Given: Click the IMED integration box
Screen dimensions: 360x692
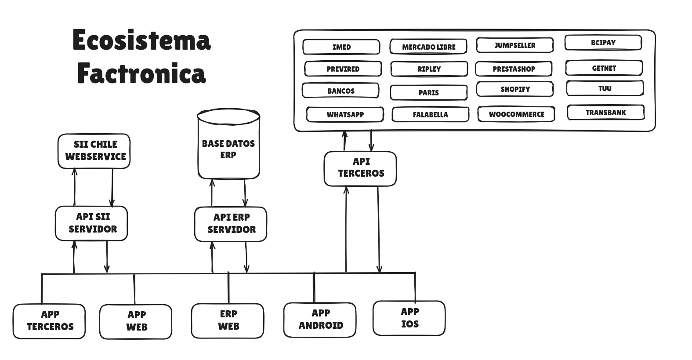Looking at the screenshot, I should [x=341, y=47].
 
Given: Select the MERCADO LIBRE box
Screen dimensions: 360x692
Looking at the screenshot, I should [x=428, y=47].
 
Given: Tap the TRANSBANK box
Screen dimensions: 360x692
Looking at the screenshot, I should [x=605, y=113].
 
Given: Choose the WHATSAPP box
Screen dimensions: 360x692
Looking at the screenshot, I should [x=345, y=115].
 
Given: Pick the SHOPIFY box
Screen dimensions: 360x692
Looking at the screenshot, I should [x=515, y=89].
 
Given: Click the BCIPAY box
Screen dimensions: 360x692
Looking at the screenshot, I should [x=603, y=43].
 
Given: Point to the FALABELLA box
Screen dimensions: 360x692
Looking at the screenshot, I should [x=430, y=115].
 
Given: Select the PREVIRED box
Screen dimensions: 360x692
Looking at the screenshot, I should [x=343, y=69].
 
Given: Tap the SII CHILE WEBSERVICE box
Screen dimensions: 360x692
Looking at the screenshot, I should [x=94, y=151].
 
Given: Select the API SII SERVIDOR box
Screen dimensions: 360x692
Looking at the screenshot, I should [x=91, y=223].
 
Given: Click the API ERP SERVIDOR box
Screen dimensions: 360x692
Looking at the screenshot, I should [x=231, y=224].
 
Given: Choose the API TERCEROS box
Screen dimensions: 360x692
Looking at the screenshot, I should [x=360, y=168].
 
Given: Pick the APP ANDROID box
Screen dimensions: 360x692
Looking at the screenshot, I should [x=320, y=320].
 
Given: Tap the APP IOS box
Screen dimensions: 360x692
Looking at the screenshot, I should [x=409, y=318].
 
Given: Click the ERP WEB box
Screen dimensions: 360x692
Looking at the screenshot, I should [x=228, y=320].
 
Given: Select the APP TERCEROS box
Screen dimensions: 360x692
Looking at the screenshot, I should [x=49, y=321].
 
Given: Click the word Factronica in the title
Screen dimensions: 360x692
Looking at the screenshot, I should [x=141, y=73].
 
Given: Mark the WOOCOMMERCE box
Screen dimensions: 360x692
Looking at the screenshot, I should [x=516, y=114].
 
